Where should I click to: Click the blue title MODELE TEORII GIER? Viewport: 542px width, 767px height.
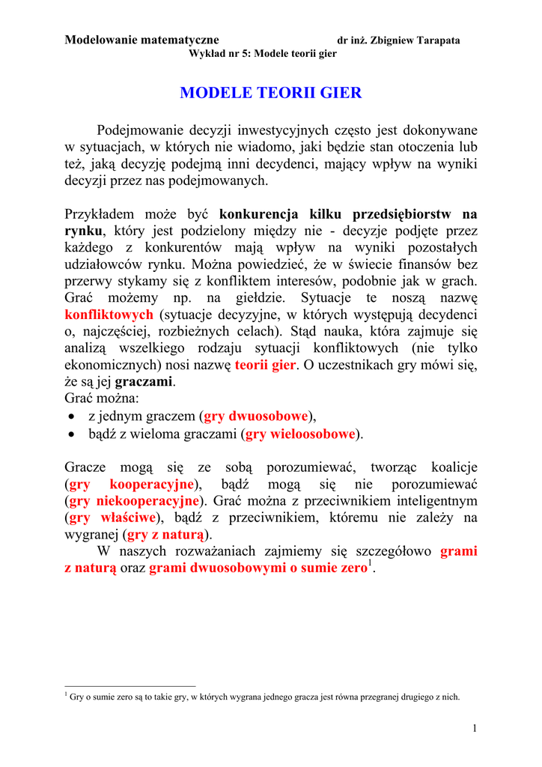pos(270,93)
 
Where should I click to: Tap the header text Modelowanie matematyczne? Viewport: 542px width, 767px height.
pos(141,39)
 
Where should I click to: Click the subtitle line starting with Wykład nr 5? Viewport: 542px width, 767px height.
pos(263,54)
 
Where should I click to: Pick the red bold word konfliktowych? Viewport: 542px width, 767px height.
pos(109,315)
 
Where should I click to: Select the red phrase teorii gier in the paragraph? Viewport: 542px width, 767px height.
pos(265,365)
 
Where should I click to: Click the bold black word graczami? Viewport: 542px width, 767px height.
pos(144,381)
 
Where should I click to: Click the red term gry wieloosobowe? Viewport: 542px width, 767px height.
pos(300,433)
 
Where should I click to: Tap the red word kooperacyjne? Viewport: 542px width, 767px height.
pos(152,484)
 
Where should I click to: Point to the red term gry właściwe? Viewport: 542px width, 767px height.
pos(112,517)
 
